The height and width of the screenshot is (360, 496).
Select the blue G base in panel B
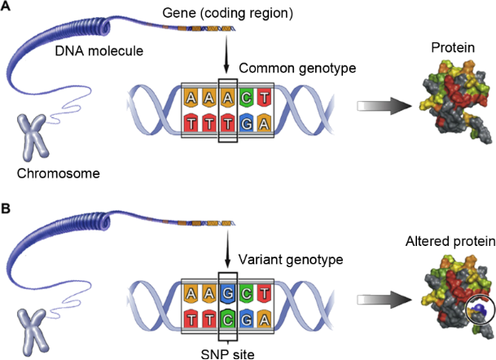point(230,291)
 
